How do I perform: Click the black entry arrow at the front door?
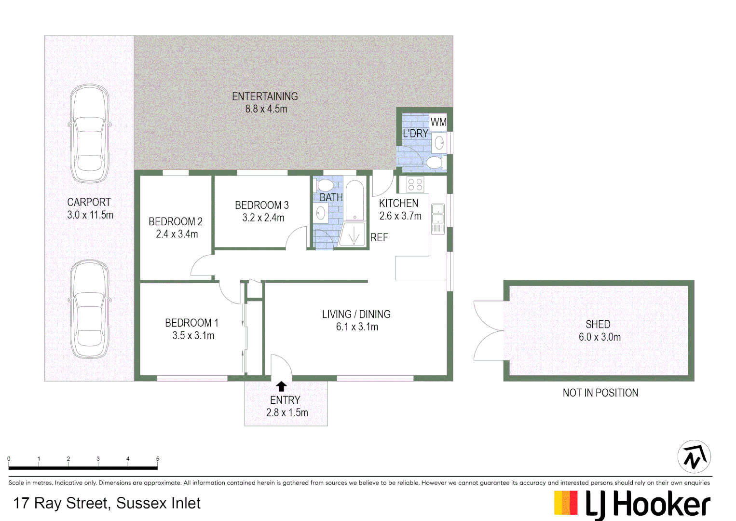[x=281, y=386]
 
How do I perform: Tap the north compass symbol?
[x=694, y=456]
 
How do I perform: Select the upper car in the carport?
[x=89, y=134]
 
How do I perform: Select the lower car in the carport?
[x=89, y=309]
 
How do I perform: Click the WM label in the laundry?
[x=438, y=123]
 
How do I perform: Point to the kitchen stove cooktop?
[x=415, y=184]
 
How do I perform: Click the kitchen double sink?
[x=437, y=214]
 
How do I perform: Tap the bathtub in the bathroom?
[x=355, y=201]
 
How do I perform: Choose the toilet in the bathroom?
[x=326, y=185]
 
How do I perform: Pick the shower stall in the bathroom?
[x=354, y=234]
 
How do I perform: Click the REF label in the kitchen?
[x=379, y=237]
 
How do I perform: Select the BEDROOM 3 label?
[x=262, y=205]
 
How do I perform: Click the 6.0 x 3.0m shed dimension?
[x=600, y=337]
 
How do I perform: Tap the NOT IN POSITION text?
[x=600, y=393]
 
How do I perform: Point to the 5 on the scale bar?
[x=158, y=459]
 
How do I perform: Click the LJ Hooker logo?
[x=632, y=504]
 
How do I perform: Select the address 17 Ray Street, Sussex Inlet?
[x=107, y=503]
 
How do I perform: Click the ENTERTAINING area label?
[x=265, y=96]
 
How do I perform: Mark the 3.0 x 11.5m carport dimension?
[x=90, y=215]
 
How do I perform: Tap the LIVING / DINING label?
[x=356, y=314]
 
